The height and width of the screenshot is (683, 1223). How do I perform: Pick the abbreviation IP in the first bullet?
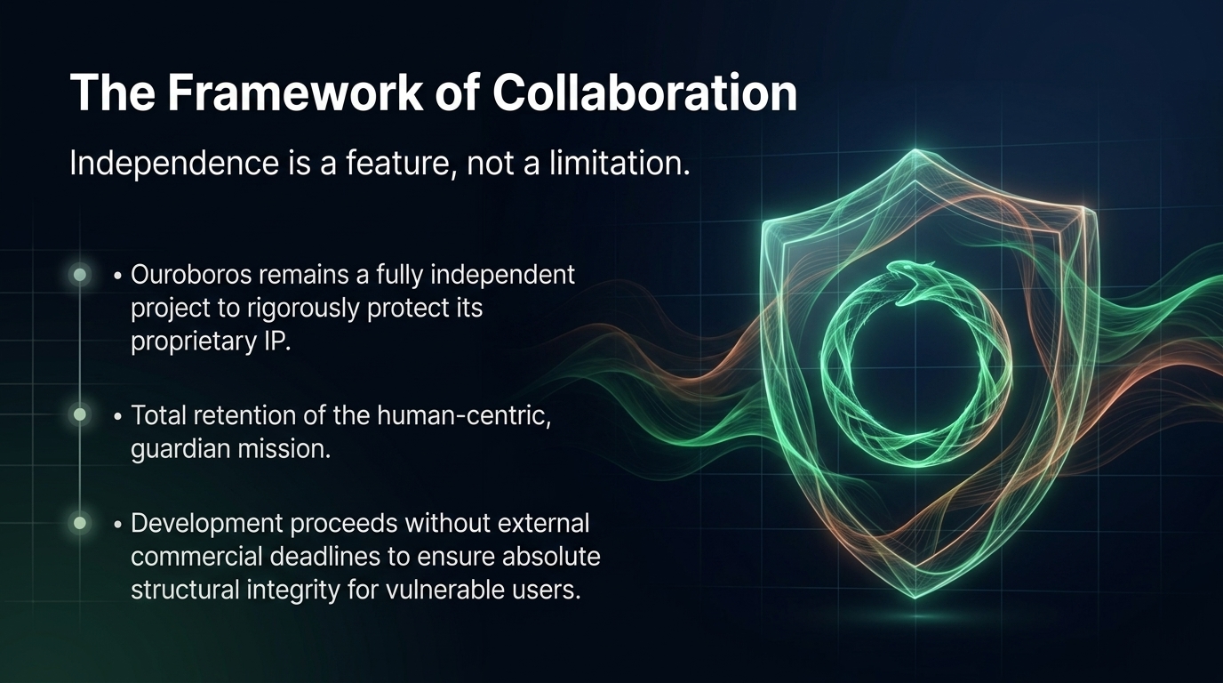[x=277, y=342]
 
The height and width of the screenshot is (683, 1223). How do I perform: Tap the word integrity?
[x=292, y=590]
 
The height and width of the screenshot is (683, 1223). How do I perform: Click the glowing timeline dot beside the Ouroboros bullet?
[x=81, y=275]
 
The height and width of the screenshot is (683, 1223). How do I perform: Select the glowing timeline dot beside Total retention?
[x=81, y=414]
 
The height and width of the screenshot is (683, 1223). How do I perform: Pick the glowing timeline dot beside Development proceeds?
[x=81, y=523]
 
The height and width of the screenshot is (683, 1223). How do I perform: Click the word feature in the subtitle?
[x=396, y=164]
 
